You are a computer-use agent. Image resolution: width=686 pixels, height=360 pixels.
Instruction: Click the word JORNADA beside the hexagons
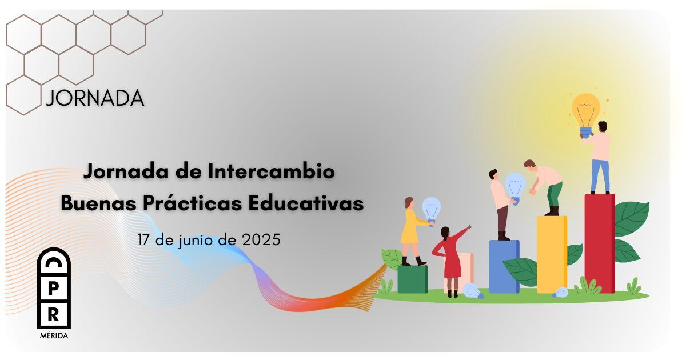coord(95,98)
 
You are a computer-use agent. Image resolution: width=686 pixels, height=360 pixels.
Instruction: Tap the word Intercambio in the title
coord(272,171)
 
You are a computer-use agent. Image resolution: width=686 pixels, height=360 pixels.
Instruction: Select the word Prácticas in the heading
coord(193,203)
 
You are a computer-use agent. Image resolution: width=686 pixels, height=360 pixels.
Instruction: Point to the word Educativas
coord(306,203)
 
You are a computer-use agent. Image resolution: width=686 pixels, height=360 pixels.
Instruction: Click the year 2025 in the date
coord(261,239)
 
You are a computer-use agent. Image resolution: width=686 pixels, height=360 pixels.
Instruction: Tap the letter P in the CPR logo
coord(54,289)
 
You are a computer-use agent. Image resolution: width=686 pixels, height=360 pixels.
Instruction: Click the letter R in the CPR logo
coord(54,314)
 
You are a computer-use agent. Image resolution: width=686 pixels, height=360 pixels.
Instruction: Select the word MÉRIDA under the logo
coord(54,336)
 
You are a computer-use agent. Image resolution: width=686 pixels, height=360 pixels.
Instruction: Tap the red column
coord(599,243)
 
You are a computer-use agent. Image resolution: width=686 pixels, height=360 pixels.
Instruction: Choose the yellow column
coord(552,255)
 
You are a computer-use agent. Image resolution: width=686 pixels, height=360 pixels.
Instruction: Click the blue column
coord(504,267)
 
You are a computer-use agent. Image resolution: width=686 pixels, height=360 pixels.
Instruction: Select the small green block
coord(413,279)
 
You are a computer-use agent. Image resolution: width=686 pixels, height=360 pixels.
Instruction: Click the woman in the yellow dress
coord(414,231)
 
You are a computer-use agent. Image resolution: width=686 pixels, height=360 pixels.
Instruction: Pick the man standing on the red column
coord(598,158)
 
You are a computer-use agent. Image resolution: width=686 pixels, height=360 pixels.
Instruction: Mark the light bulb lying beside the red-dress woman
coord(473,290)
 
